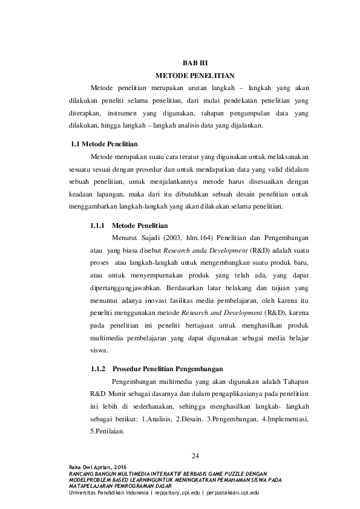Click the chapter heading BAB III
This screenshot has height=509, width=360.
[x=194, y=62]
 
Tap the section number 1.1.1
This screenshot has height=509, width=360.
[x=98, y=225]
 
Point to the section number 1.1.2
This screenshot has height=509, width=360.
[x=98, y=368]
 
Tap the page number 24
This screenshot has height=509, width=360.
[x=195, y=455]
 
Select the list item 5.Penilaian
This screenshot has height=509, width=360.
[x=107, y=431]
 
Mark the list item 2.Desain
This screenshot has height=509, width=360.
[x=183, y=419]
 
